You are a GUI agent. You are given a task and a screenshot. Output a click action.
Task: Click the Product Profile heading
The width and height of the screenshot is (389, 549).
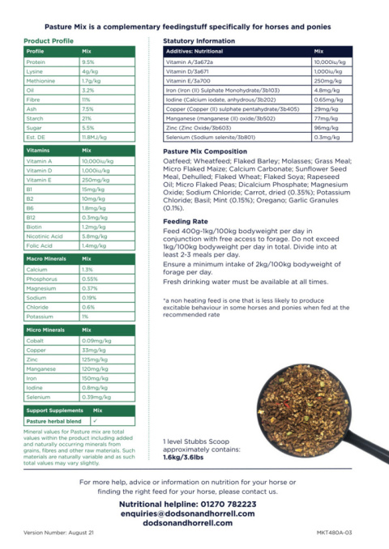(48, 40)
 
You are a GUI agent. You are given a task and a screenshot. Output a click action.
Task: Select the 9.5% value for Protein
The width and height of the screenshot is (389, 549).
(88, 62)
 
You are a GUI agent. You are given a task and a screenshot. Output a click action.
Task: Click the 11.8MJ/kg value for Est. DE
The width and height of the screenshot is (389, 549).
(93, 138)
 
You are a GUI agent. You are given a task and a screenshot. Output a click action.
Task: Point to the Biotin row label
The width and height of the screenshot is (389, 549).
(36, 227)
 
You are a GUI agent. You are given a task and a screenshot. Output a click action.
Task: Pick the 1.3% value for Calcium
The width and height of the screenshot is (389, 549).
(88, 269)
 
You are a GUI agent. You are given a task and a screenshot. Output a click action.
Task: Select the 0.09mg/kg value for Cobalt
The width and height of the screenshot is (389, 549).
(96, 341)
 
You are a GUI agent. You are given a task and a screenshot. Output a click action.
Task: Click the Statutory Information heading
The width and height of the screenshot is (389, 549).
(199, 40)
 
